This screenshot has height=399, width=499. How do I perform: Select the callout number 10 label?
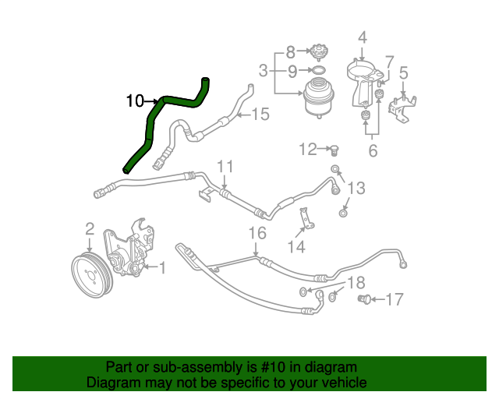[135, 101]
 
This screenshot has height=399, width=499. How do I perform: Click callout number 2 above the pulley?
[90, 228]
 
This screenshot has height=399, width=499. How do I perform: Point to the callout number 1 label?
[162, 269]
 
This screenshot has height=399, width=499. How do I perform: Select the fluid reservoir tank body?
[317, 98]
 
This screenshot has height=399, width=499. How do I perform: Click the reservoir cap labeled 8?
[317, 53]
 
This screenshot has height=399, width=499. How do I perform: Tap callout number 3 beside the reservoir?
[264, 71]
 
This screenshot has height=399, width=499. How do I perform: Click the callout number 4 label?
[362, 37]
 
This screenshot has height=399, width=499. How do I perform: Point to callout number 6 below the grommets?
[373, 150]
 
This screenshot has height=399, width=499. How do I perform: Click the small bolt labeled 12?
[334, 149]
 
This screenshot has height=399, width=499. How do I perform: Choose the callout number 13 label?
[356, 188]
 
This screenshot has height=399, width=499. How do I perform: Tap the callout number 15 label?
[260, 115]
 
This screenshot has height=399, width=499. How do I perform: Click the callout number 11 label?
[225, 166]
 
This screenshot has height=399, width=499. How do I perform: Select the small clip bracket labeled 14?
[306, 225]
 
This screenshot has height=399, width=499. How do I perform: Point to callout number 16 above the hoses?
[257, 233]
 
